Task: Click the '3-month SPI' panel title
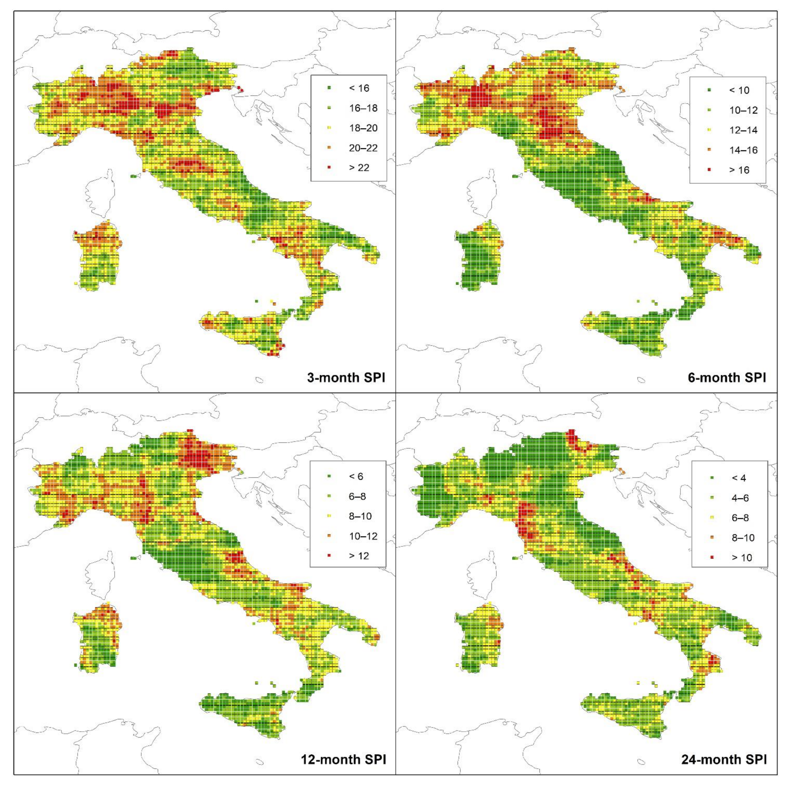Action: [346, 377]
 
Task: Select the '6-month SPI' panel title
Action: [727, 377]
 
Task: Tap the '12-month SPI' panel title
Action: [343, 759]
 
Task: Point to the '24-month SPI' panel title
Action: [724, 759]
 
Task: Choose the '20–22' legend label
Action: [363, 148]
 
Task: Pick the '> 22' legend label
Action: [359, 168]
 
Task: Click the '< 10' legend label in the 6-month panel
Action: [739, 90]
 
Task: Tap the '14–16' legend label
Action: [743, 150]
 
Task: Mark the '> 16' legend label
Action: [739, 170]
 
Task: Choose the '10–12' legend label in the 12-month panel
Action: [363, 536]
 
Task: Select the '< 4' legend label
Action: [739, 478]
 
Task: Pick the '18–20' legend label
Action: [363, 128]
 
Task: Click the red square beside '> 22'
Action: [329, 168]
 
